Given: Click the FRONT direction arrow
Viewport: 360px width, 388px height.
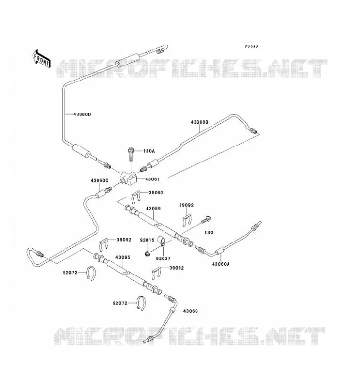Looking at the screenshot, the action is (42, 59).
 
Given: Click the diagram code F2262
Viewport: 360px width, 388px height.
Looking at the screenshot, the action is (251, 47).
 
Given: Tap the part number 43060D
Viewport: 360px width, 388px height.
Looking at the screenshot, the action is (82, 114).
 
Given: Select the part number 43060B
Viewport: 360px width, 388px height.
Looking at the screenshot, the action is (199, 122).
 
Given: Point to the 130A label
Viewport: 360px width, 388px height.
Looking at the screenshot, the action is (149, 151).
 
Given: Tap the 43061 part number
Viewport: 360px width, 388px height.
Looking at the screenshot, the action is (152, 179).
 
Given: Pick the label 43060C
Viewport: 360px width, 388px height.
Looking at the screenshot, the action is (99, 180).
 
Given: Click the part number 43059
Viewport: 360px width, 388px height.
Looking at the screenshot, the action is (153, 209).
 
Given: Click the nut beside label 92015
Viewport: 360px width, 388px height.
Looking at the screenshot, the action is (147, 253).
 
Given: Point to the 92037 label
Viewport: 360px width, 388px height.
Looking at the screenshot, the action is (163, 259).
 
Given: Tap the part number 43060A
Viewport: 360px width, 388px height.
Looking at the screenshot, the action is (221, 264).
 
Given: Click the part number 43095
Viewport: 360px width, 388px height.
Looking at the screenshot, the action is (123, 257).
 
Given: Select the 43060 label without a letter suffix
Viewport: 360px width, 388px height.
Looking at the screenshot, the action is (190, 311).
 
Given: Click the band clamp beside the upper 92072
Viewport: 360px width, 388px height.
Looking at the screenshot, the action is (91, 273).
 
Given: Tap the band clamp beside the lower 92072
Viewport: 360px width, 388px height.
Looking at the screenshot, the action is (141, 303).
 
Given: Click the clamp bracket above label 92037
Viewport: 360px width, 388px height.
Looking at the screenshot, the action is (162, 242).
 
